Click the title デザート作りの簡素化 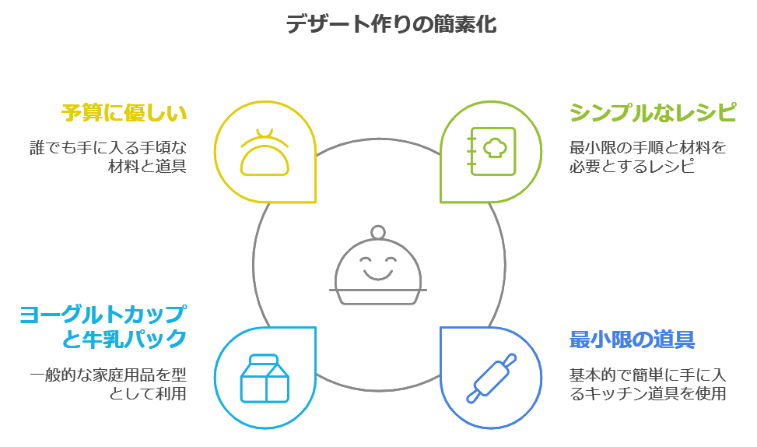tap(391, 24)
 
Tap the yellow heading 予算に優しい tap(124, 113)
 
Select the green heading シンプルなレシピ tap(652, 113)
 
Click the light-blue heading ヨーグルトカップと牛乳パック tap(103, 327)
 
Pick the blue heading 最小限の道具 tap(632, 340)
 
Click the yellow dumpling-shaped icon tap(265, 152)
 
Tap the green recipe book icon tap(491, 152)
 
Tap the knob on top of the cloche tap(379, 232)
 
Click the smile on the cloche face tap(379, 273)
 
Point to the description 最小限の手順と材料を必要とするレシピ tap(647, 156)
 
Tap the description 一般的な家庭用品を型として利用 tap(109, 384)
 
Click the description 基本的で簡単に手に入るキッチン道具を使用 tap(647, 384)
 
